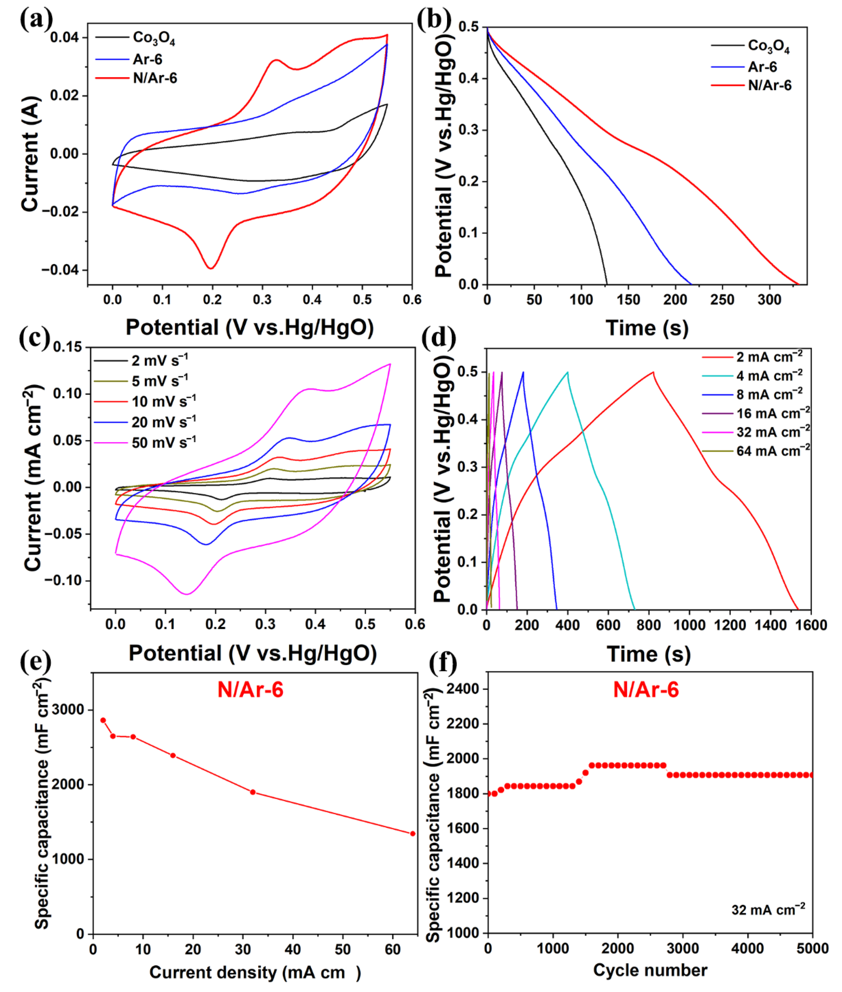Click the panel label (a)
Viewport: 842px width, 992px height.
tap(36, 20)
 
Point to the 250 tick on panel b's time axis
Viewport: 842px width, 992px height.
tap(722, 300)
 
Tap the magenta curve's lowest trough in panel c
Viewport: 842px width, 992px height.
tap(187, 594)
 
